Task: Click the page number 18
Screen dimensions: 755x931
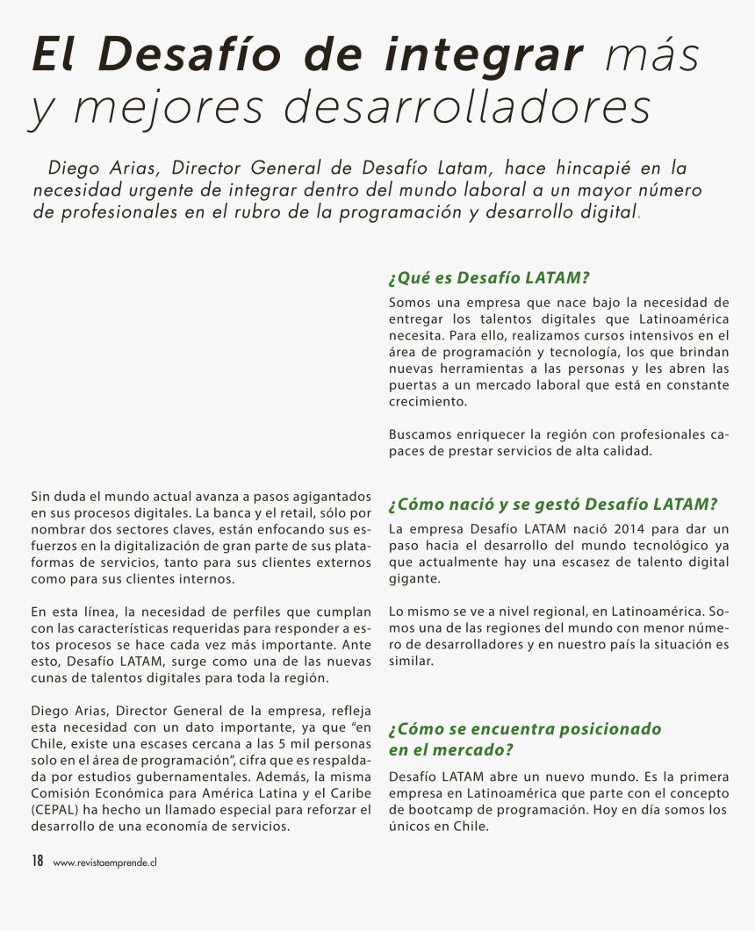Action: pos(38,861)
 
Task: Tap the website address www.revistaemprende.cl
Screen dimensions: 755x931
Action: pos(104,863)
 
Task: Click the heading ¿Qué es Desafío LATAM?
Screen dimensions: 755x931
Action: pos(488,278)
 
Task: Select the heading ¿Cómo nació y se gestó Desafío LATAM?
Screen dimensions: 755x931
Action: pos(553,505)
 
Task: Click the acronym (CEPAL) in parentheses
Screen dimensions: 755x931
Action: pos(58,810)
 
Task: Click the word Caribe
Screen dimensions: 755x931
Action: pos(348,793)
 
